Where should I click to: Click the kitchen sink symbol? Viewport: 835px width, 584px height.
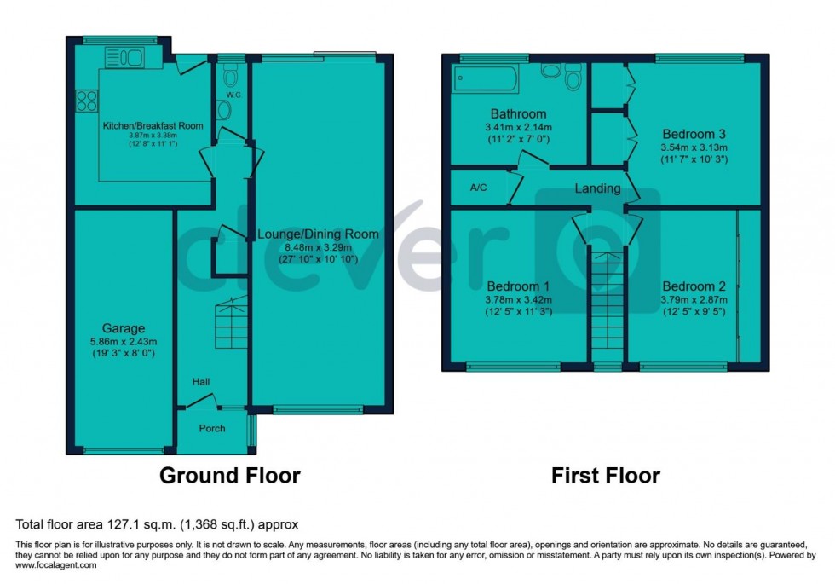pyautogui.click(x=127, y=58)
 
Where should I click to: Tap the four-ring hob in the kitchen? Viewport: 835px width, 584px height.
pyautogui.click(x=86, y=101)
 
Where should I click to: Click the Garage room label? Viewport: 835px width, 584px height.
pyautogui.click(x=124, y=328)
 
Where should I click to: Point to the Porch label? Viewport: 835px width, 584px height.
pyautogui.click(x=212, y=428)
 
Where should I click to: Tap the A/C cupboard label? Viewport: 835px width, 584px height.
pyautogui.click(x=478, y=188)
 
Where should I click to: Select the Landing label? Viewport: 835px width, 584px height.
pyautogui.click(x=596, y=188)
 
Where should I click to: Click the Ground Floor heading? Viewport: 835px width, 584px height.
pyautogui.click(x=230, y=475)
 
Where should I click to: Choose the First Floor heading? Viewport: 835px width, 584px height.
pyautogui.click(x=605, y=475)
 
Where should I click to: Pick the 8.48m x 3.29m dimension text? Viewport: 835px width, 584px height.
pyautogui.click(x=318, y=247)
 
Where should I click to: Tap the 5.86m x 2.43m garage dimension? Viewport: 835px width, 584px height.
pyautogui.click(x=124, y=340)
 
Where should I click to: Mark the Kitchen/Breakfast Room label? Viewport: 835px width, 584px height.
pyautogui.click(x=153, y=125)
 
